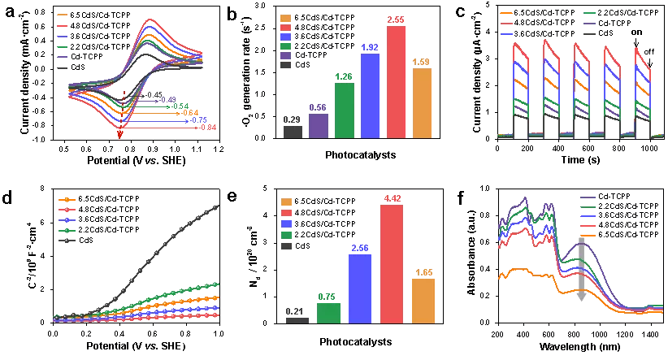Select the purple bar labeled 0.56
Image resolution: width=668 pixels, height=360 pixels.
pos(319,126)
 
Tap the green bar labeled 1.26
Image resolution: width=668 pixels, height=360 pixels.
pos(345,111)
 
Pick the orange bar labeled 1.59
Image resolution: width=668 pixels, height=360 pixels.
pos(422,103)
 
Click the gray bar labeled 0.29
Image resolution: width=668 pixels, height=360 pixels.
pos(293,132)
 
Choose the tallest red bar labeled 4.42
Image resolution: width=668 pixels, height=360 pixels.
pos(392,264)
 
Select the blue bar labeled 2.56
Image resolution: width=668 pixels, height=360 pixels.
pos(360,288)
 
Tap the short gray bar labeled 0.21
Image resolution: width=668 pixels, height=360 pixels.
pos(297,320)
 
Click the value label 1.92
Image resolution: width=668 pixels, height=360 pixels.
pos(370,48)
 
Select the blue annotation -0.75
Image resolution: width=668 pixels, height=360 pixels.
pos(197,120)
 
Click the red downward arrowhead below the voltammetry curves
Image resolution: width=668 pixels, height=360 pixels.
pos(120,135)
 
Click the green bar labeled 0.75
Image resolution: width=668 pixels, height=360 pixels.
pos(328,313)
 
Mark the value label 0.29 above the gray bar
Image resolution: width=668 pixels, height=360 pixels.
pos(293,120)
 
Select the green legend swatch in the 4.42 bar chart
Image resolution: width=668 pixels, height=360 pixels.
pos(286,235)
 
